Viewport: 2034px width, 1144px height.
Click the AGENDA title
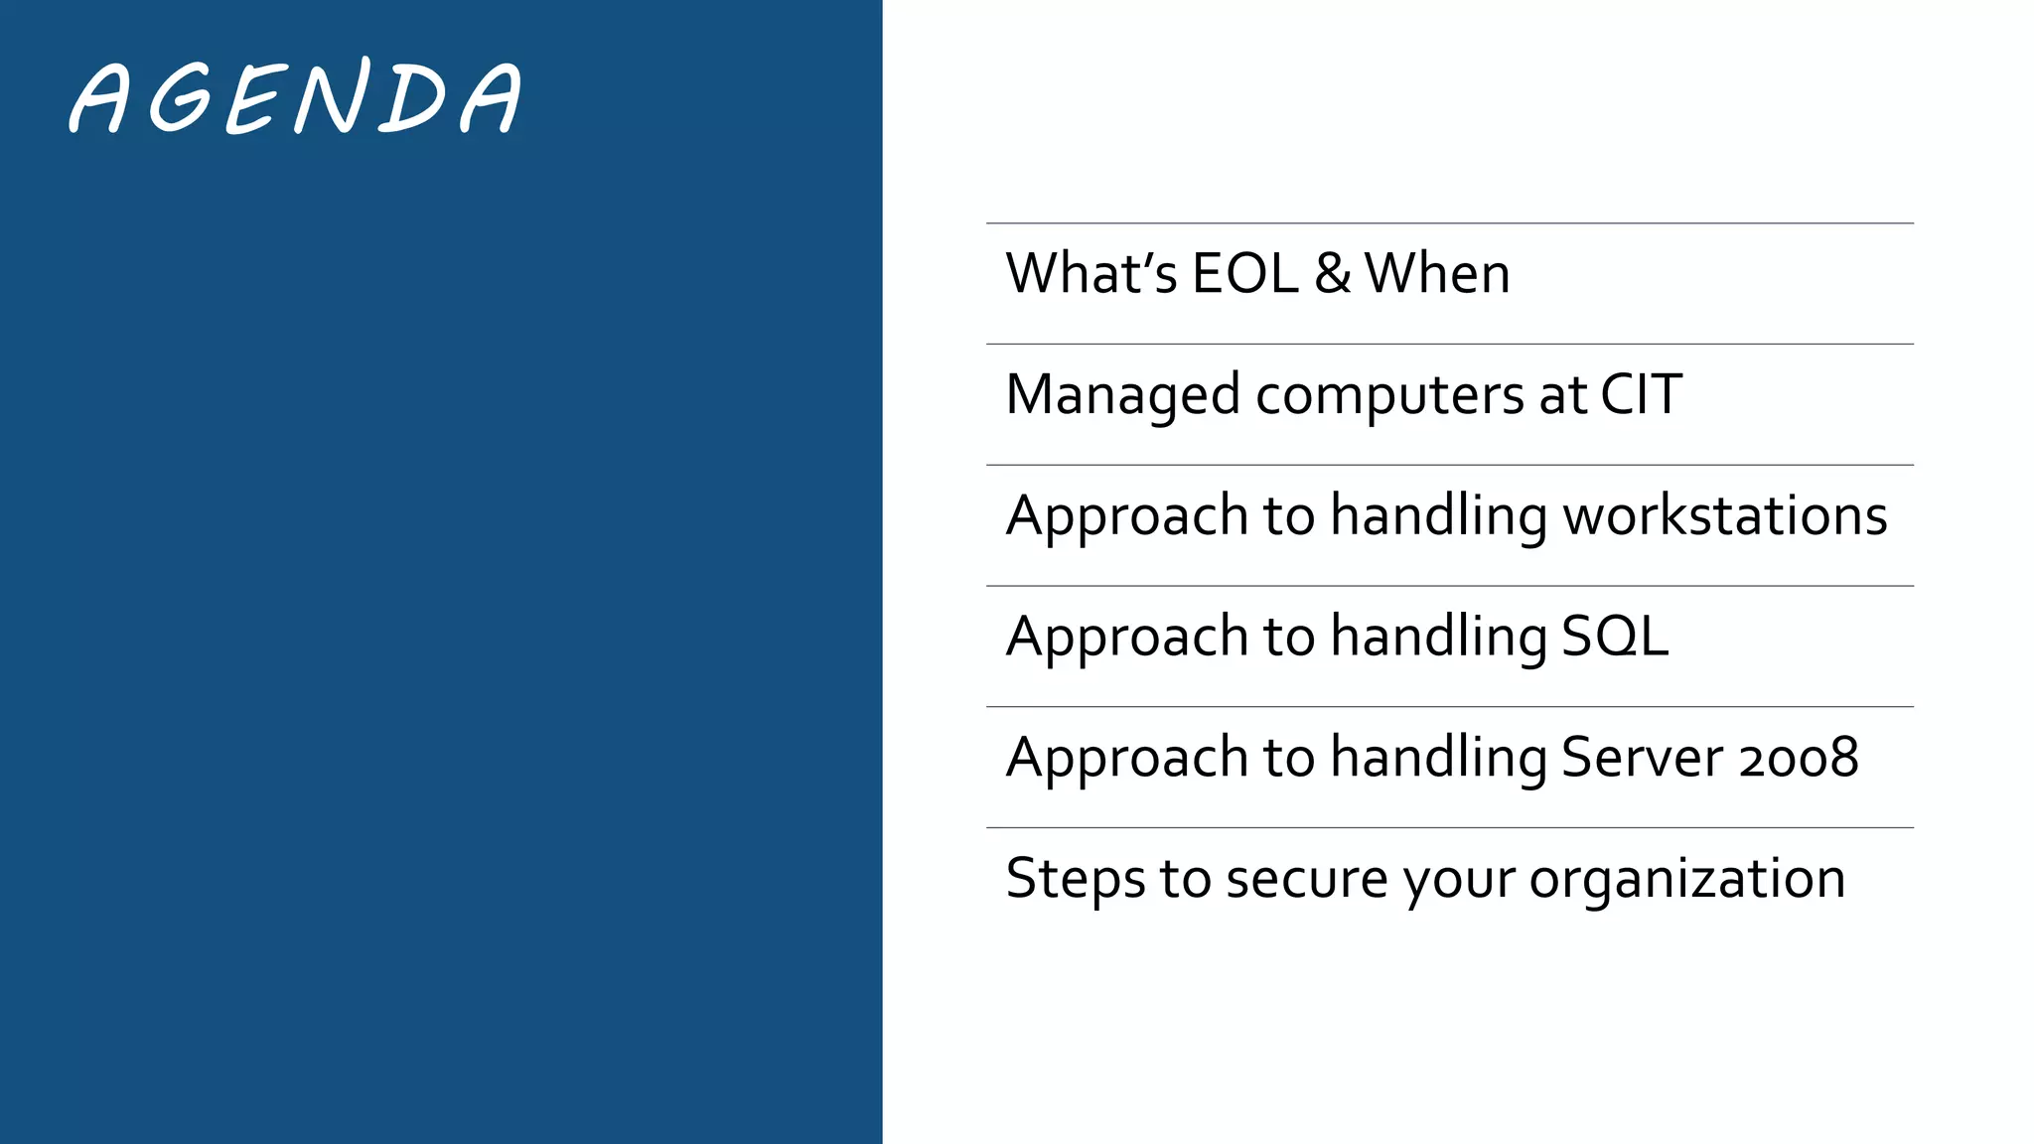tap(296, 97)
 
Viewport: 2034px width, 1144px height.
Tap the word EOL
tap(1244, 274)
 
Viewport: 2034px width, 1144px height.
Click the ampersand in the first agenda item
tap(1332, 274)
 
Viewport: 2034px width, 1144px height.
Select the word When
tap(1437, 274)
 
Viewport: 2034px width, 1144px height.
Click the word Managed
tap(1122, 395)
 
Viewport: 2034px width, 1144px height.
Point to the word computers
tap(1389, 395)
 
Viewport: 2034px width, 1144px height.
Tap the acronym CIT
tap(1641, 394)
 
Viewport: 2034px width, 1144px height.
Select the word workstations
tap(1725, 515)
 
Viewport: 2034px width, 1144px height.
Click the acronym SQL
tap(1615, 637)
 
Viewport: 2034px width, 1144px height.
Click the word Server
tap(1642, 758)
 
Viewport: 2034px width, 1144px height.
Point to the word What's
tap(1090, 274)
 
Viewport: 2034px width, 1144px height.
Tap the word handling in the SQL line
tap(1438, 637)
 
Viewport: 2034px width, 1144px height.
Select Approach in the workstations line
tap(1126, 516)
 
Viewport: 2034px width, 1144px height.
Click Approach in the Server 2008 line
tap(1126, 759)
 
